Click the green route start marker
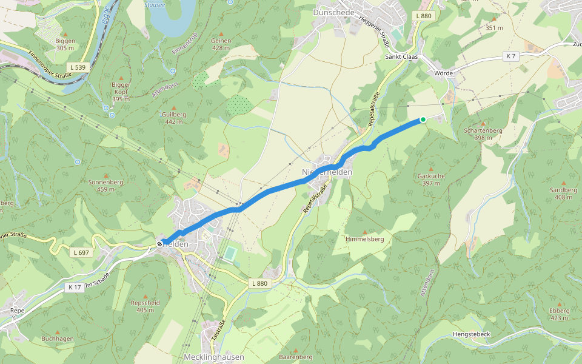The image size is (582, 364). coord(423,120)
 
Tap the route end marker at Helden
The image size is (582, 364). coord(161,244)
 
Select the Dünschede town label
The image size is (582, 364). coord(333,12)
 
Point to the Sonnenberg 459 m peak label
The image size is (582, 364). coord(105,185)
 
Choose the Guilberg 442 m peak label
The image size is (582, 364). coord(174,118)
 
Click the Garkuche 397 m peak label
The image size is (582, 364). coord(431,179)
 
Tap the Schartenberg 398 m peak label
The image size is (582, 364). coord(483,133)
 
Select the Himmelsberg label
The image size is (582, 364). coord(364,239)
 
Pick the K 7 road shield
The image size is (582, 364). coord(511,56)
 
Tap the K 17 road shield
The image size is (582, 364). coord(75,286)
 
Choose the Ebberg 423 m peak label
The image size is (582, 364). coord(559,314)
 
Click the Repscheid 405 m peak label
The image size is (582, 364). coord(145,305)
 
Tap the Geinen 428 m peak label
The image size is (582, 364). coord(221,44)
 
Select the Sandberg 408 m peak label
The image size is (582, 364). coord(563,193)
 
